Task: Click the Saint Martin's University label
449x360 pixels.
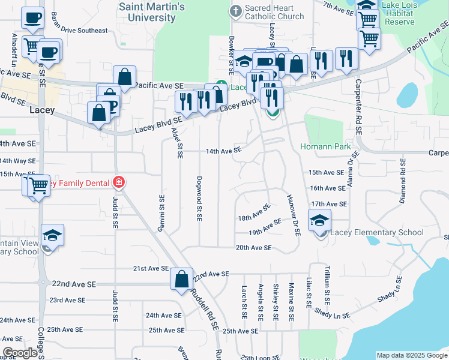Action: tap(152, 12)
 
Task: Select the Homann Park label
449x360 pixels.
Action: tap(325, 146)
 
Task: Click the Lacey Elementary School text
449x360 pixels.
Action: tap(377, 232)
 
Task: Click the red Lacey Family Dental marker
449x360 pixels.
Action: tap(118, 182)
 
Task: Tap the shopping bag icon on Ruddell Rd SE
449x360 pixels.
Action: tap(181, 280)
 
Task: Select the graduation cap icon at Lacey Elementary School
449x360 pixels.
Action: tap(320, 220)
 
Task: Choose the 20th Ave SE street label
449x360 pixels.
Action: tap(254, 247)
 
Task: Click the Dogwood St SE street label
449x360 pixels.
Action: tap(198, 198)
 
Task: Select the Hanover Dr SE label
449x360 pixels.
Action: tap(292, 215)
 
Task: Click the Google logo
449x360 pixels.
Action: tap(20, 353)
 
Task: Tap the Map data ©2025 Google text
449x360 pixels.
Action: tap(411, 355)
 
